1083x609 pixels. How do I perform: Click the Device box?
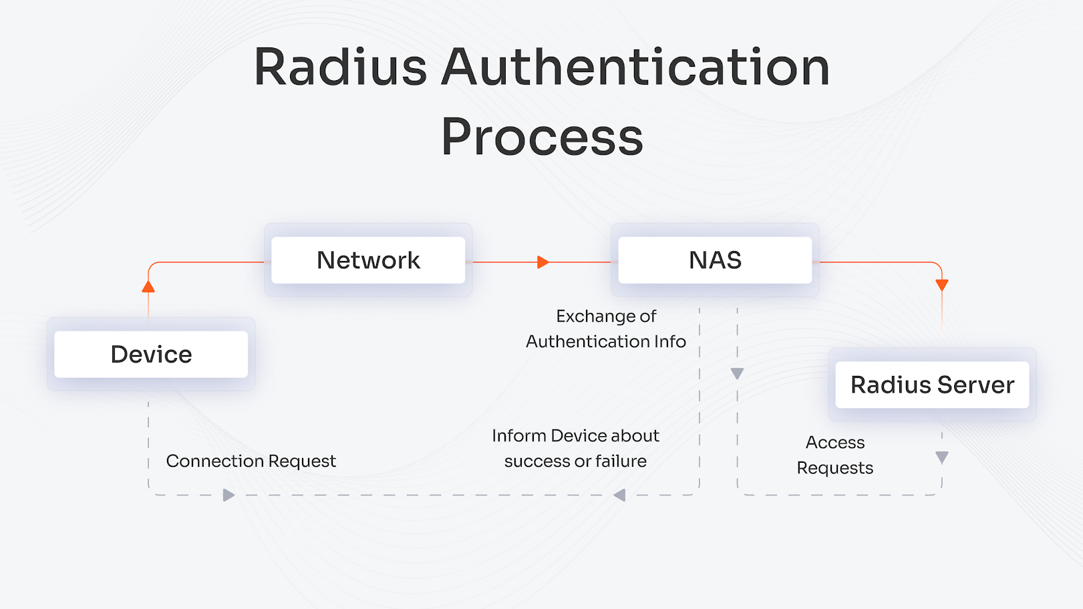point(151,354)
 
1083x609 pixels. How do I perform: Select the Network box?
point(368,260)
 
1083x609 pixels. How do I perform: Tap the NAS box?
point(715,260)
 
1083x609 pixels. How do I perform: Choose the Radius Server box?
point(932,385)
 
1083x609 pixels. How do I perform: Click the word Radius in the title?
point(340,67)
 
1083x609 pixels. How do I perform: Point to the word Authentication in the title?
point(635,67)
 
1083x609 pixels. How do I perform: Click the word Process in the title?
point(542,137)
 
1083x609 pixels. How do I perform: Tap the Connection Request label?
point(251,461)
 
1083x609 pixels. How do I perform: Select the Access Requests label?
point(835,455)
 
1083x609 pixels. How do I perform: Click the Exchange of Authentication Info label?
point(606,329)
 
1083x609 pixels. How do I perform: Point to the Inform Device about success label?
point(575,436)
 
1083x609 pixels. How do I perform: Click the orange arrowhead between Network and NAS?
point(543,262)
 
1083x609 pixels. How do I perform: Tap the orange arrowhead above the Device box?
point(148,286)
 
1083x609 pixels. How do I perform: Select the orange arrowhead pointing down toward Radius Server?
point(942,285)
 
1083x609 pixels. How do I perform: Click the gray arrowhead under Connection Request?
point(228,495)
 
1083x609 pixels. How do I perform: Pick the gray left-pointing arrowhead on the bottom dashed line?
point(619,495)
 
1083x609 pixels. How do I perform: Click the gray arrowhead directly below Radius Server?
point(942,457)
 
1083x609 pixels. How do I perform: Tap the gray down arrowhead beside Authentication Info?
point(737,373)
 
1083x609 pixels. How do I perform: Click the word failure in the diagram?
point(621,461)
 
